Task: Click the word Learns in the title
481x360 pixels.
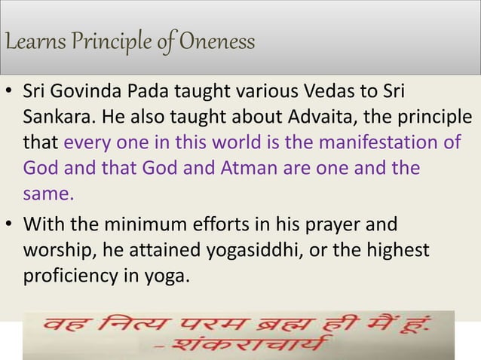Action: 31,41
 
